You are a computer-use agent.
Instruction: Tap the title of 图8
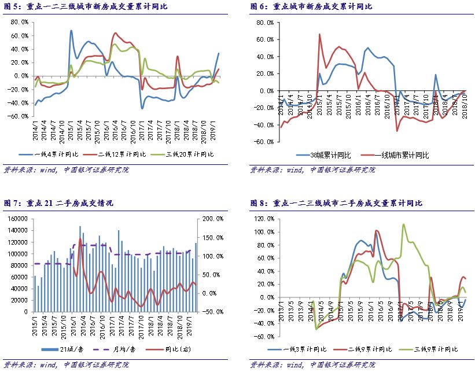(x=336, y=203)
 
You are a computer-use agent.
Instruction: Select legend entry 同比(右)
(x=164, y=349)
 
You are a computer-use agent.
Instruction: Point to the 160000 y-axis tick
(x=17, y=219)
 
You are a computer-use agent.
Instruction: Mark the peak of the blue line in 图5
(x=71, y=31)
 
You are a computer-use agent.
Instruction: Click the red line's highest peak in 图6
(x=320, y=34)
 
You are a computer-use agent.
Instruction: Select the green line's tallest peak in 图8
(x=403, y=224)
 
